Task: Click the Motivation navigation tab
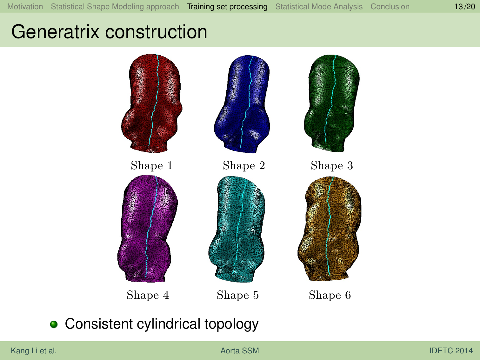[25, 7]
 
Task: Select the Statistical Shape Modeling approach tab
[115, 7]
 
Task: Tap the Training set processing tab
[227, 7]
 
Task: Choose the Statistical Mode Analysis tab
[319, 7]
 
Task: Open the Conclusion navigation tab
[390, 7]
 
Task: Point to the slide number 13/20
[464, 7]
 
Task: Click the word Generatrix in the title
[55, 32]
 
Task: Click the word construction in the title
[156, 32]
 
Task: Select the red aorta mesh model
[152, 103]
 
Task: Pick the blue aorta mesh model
[242, 104]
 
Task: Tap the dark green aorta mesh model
[332, 103]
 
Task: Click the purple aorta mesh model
[148, 229]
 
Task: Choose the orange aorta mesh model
[329, 229]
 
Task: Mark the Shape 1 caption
[152, 165]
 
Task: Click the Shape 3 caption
[332, 165]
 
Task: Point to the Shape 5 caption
[238, 295]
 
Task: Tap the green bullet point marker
[54, 324]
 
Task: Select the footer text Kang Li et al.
[34, 350]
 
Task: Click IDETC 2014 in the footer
[451, 350]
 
